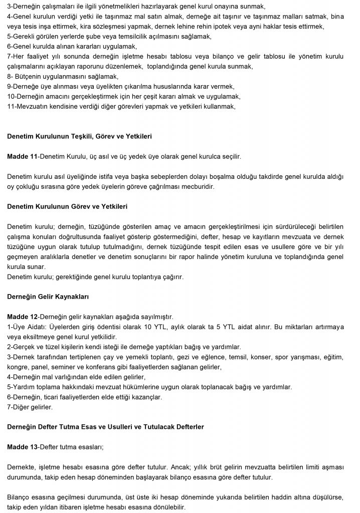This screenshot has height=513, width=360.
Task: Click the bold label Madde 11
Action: click(23, 156)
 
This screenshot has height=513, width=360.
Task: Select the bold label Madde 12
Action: click(23, 317)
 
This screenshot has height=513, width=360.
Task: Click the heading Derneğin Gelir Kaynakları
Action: click(48, 297)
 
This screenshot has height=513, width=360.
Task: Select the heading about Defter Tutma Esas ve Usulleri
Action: click(105, 426)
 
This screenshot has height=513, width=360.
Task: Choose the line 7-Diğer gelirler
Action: click(31, 407)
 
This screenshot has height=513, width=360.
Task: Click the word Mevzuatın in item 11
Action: click(33, 106)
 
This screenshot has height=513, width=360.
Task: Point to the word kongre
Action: click(19, 367)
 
